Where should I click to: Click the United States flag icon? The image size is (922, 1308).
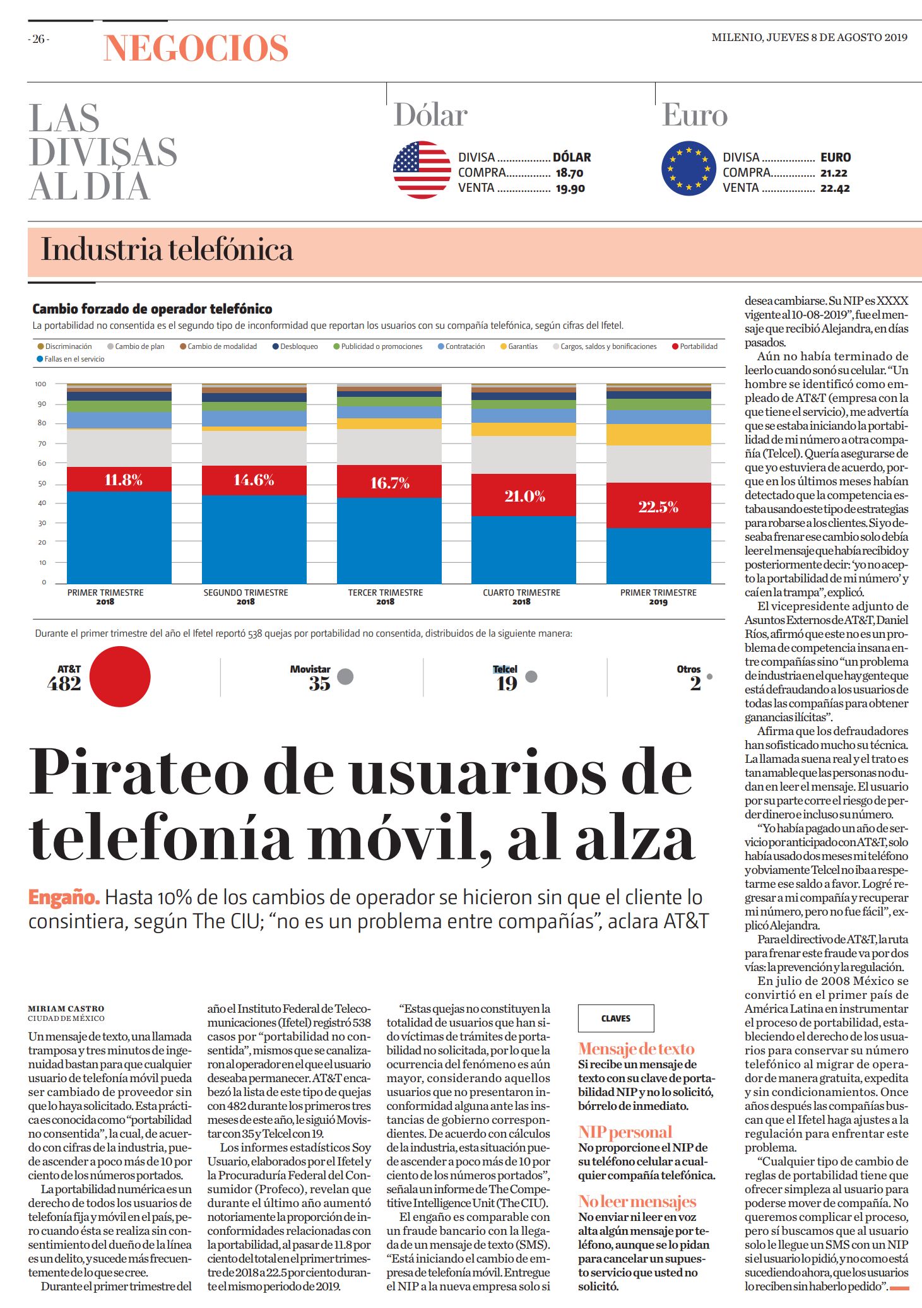tap(422, 170)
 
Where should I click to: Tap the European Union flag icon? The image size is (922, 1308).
tap(689, 168)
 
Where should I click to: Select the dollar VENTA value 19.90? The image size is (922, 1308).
tap(570, 188)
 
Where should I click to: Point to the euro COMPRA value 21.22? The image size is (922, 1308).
tap(834, 173)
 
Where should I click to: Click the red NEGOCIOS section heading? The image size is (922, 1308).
tap(196, 48)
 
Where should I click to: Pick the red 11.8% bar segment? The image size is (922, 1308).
tap(119, 480)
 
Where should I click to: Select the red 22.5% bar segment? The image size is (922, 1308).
tap(658, 505)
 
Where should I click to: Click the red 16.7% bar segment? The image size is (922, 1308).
tap(389, 482)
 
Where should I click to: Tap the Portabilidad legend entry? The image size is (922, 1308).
tap(695, 346)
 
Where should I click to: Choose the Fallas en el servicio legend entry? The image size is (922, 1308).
tap(71, 359)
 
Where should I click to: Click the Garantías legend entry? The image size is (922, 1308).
tap(519, 346)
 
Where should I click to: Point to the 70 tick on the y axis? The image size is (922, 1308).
tap(42, 444)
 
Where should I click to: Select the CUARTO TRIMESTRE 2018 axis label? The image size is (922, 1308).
tap(521, 597)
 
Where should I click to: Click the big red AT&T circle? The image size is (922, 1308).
tap(120, 676)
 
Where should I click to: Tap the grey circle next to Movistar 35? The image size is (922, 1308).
tap(345, 676)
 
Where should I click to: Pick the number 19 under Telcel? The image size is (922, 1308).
tap(506, 683)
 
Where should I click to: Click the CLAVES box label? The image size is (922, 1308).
tap(616, 1018)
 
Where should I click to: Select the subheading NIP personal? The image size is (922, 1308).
tap(625, 1132)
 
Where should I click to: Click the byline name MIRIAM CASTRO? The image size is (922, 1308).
tap(66, 1009)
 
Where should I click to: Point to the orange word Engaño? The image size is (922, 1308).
tap(64, 897)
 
